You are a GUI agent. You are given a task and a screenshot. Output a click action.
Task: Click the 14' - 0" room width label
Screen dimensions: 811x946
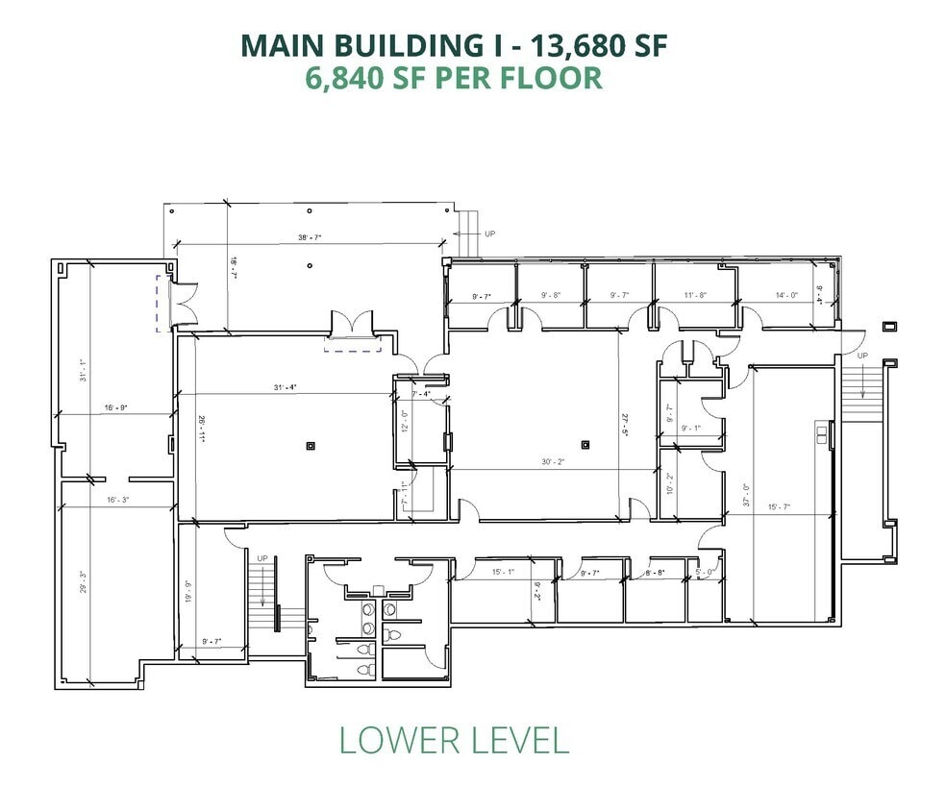[x=788, y=296]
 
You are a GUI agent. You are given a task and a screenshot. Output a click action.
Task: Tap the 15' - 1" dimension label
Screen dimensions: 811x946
[x=504, y=573]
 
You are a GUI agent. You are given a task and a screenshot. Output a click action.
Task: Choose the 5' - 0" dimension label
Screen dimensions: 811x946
[x=705, y=573]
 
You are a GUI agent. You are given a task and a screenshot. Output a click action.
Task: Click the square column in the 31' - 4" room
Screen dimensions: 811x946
[x=310, y=445]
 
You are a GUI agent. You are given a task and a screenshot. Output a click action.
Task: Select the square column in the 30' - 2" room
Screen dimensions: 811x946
[x=585, y=445]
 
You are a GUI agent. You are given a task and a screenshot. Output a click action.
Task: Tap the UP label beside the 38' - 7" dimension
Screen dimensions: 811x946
[x=488, y=233]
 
